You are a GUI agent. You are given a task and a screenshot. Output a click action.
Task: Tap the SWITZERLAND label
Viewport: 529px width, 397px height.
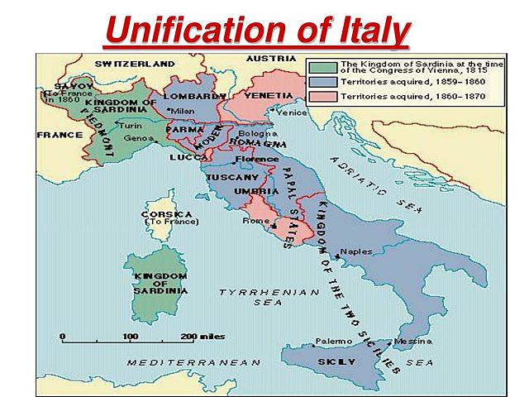135,64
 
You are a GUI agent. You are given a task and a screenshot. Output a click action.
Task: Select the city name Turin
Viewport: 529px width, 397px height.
131,126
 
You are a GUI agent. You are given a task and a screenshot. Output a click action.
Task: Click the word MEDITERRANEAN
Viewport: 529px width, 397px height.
194,362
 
